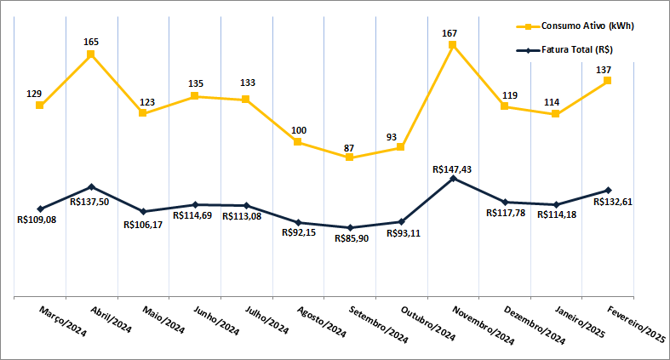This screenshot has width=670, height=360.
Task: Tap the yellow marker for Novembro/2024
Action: pos(453,44)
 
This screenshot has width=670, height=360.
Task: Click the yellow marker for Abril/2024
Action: pos(91,54)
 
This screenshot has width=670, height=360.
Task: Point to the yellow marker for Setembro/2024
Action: pos(350,157)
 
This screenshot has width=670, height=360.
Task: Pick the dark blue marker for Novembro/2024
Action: pos(453,179)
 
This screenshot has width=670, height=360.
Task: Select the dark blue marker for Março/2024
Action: pos(40,209)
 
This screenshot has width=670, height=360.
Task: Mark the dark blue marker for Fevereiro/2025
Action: pos(608,190)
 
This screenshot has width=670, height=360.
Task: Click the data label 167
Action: pos(450,33)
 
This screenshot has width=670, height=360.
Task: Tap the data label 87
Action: pos(349,147)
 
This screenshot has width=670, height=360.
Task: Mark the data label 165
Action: pos(92,41)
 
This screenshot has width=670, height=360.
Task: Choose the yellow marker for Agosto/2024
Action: pos(298,142)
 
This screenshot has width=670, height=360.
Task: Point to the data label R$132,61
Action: pos(626,202)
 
